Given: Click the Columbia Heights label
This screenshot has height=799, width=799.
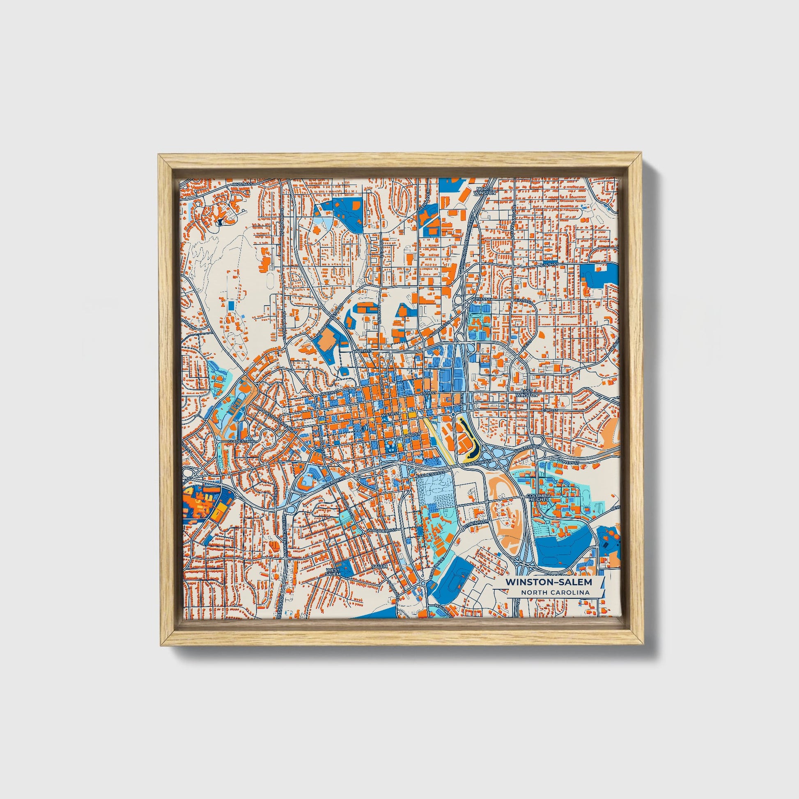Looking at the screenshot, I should pyautogui.click(x=539, y=497).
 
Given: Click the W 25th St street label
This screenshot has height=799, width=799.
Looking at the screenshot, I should pyautogui.click(x=241, y=184).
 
